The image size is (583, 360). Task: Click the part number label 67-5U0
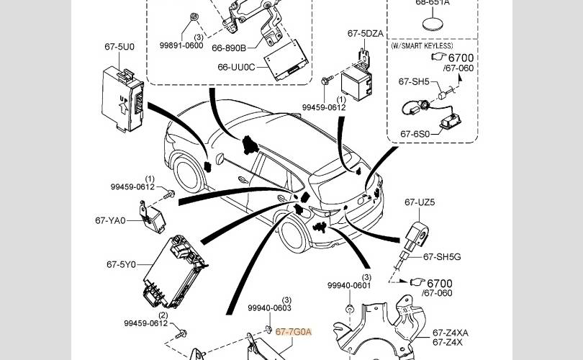(x=119, y=47)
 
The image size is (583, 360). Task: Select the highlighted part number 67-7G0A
(x=293, y=332)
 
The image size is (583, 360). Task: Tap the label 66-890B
(x=229, y=48)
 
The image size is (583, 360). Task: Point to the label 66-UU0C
(x=236, y=68)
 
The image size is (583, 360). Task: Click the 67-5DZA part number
(x=365, y=33)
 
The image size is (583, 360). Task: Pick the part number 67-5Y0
(x=122, y=264)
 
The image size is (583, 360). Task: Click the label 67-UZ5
(x=420, y=202)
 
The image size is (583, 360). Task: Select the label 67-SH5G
(x=442, y=256)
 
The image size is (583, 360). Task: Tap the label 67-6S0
(x=414, y=133)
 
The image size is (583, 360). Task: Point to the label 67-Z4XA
(x=451, y=332)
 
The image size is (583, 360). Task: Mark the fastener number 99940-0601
(x=348, y=285)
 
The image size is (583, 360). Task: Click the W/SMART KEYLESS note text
(x=422, y=45)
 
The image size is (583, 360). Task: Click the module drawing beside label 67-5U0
(x=125, y=97)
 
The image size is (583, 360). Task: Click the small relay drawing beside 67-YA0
(x=155, y=217)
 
